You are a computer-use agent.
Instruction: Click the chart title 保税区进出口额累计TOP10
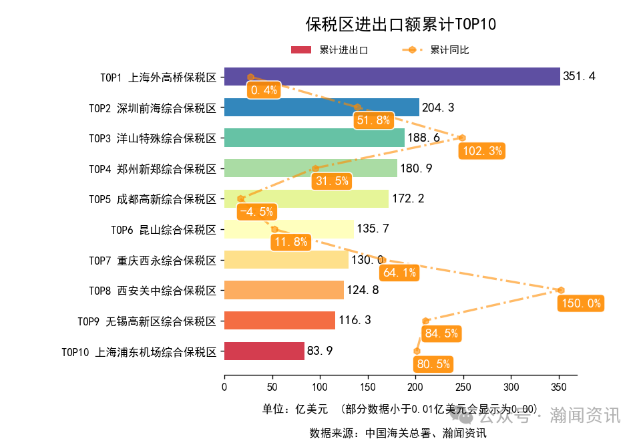[401, 25]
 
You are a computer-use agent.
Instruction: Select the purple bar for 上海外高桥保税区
[391, 77]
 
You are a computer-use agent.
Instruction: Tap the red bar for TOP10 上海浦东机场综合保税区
[264, 351]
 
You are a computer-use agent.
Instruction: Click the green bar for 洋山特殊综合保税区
[314, 138]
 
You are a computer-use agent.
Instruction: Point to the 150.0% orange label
[580, 303]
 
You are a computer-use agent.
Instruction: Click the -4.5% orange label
[256, 212]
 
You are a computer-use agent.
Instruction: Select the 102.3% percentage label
[481, 151]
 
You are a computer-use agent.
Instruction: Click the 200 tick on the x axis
[415, 387]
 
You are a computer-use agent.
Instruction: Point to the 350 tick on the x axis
[560, 387]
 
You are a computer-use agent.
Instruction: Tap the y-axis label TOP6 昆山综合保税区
[164, 229]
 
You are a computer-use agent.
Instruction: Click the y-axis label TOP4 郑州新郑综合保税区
[153, 168]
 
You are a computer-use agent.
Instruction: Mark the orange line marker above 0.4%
[250, 78]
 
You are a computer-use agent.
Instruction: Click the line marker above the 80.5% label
[417, 351]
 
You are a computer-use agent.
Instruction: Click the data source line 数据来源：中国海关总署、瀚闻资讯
[398, 432]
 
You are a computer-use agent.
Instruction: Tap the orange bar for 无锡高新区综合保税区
[279, 320]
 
